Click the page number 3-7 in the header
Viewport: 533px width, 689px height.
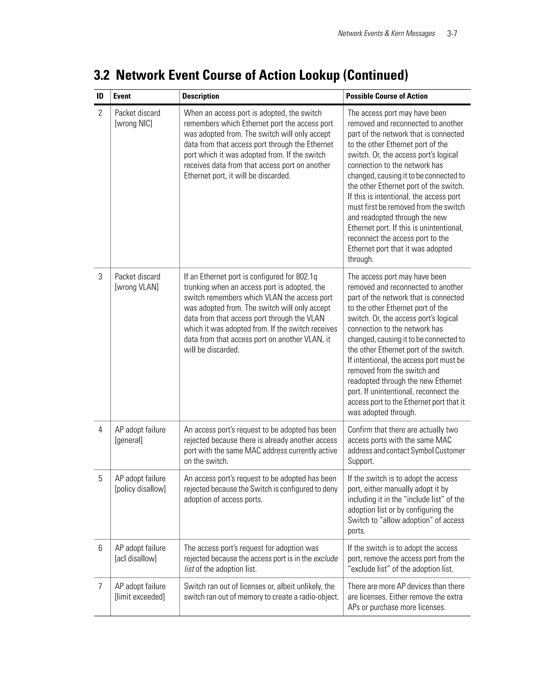[x=452, y=34]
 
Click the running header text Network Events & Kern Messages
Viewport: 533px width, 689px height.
[x=386, y=34]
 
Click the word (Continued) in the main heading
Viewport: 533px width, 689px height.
[x=376, y=75]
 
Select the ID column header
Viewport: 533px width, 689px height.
[x=100, y=96]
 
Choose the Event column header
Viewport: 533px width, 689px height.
[x=122, y=96]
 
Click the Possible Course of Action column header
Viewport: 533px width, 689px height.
[x=387, y=96]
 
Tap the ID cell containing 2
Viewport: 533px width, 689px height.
[x=100, y=113]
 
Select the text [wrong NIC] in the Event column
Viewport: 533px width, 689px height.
[x=134, y=124]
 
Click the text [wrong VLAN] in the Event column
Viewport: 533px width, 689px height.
[x=136, y=287]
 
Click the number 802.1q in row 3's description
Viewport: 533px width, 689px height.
[x=306, y=277]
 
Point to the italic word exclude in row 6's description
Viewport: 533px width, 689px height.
[x=325, y=558]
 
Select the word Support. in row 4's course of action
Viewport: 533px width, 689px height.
[x=361, y=461]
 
